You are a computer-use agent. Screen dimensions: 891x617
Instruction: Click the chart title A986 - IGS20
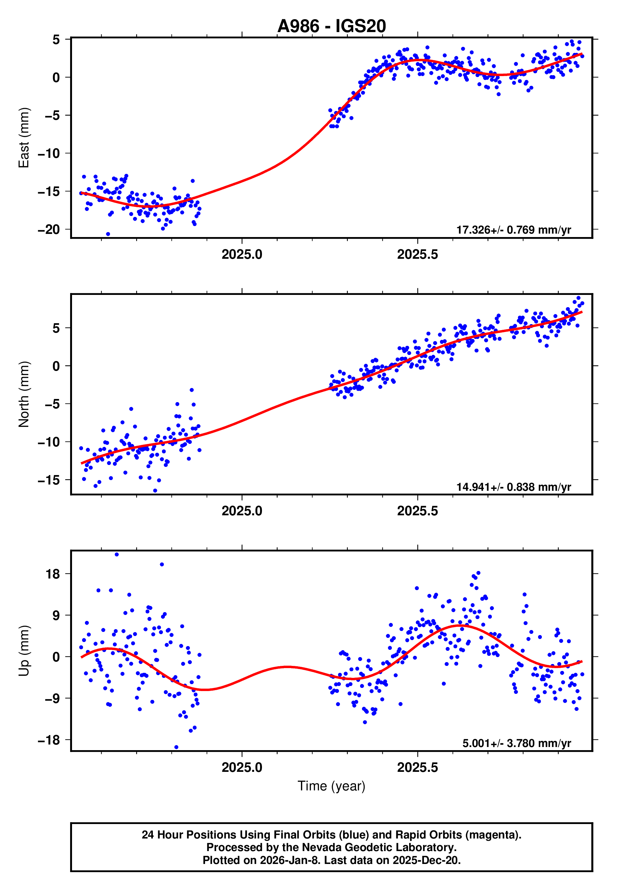331,26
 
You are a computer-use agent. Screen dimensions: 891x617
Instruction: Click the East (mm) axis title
24,138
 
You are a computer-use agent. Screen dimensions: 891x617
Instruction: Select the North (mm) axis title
24,394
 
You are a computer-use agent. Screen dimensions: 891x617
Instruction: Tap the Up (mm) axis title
24,651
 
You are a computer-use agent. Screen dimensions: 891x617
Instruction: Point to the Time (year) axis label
331,786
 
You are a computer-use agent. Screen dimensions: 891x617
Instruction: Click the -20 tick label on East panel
49,230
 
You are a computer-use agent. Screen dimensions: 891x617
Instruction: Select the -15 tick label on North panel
49,480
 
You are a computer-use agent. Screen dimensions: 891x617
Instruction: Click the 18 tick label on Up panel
53,574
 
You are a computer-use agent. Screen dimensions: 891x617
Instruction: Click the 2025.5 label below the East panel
418,255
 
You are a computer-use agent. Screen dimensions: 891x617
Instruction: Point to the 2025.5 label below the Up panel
418,768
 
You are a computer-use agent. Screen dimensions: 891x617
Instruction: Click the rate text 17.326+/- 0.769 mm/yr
514,230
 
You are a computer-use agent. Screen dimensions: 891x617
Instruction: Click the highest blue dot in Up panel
117,555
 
